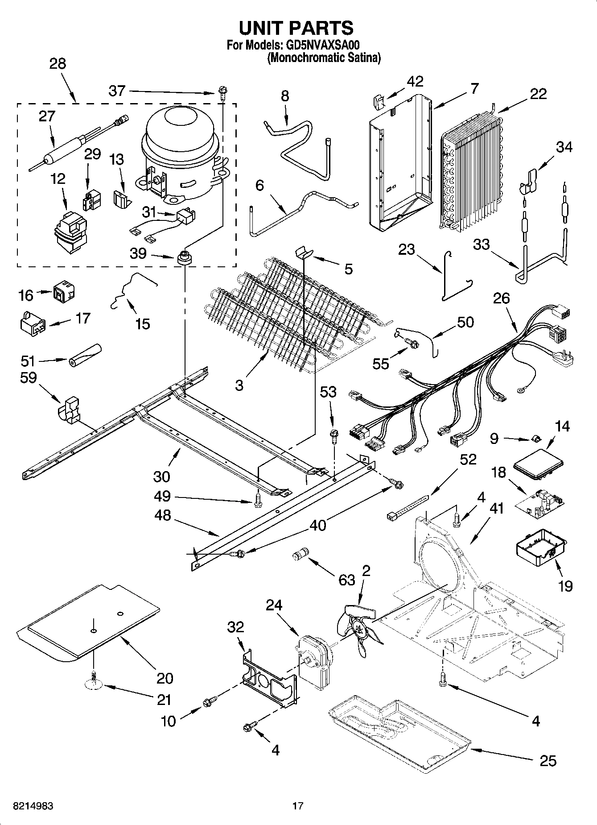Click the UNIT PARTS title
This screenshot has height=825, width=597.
pyautogui.click(x=296, y=28)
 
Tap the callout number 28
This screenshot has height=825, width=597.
pyautogui.click(x=58, y=64)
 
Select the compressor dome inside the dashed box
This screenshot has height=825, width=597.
pyautogui.click(x=181, y=129)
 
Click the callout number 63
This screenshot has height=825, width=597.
pyautogui.click(x=346, y=580)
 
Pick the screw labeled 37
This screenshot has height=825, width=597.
pyautogui.click(x=222, y=93)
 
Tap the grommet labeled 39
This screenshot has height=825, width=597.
pyautogui.click(x=184, y=257)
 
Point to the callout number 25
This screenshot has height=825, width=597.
pyautogui.click(x=548, y=761)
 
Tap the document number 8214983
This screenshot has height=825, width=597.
pyautogui.click(x=34, y=806)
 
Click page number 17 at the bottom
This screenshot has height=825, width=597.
pyautogui.click(x=298, y=806)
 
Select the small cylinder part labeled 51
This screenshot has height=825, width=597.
pyautogui.click(x=85, y=355)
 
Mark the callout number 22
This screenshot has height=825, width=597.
pyautogui.click(x=539, y=94)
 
